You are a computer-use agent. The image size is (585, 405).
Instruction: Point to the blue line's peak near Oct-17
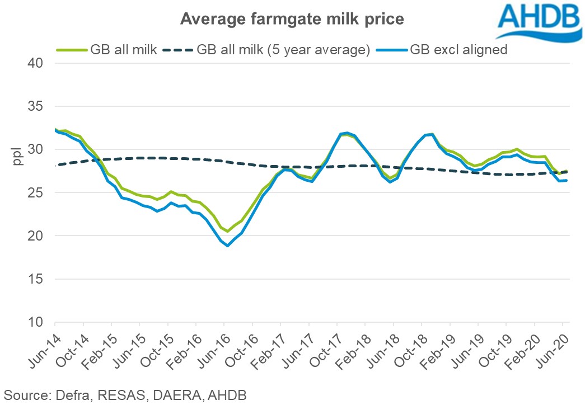click(x=347, y=133)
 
